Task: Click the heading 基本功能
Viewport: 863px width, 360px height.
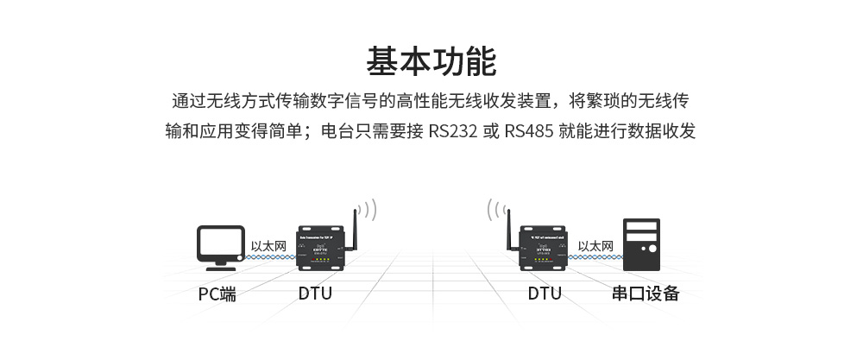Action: coord(431,62)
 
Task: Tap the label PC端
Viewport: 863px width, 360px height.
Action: coord(217,294)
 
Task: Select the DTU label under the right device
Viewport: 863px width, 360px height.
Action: coord(545,294)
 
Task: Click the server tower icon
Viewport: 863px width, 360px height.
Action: coord(640,245)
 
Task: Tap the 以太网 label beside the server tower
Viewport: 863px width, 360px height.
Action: coord(595,246)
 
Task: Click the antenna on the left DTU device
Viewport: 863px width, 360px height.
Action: coord(355,226)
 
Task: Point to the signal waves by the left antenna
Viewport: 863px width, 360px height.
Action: coord(369,210)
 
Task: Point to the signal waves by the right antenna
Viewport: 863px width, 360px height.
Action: coord(494,210)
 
